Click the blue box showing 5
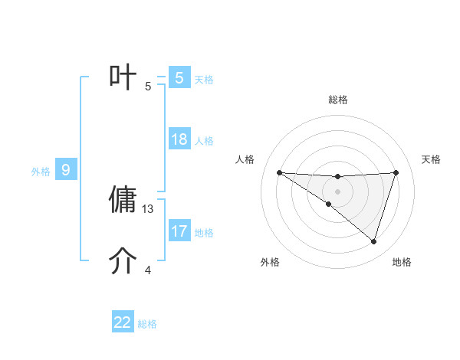point(179,78)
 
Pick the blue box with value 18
point(179,139)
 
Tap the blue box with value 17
point(179,231)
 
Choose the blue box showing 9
point(66,170)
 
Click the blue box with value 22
point(123,322)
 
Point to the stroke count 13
point(149,208)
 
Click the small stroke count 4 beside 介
point(149,270)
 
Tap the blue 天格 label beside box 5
point(204,80)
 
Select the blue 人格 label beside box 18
point(204,141)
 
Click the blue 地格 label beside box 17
point(204,233)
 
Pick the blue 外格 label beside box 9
point(41,172)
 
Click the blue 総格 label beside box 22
point(147,324)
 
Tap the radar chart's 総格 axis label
point(337,100)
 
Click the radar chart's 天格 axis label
point(432,159)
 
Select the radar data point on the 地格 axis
point(374,241)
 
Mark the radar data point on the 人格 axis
point(279,172)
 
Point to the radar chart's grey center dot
point(337,191)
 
